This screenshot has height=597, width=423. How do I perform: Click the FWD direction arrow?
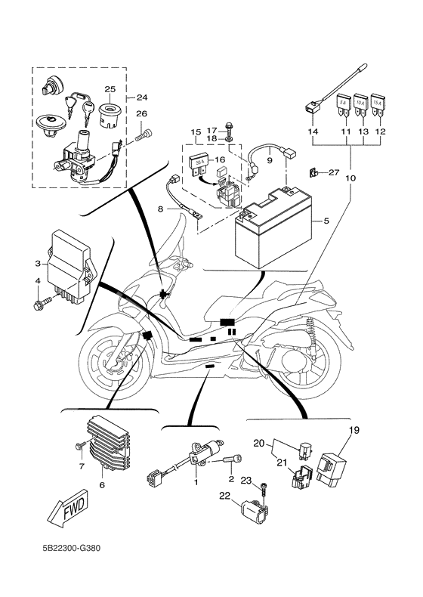point(68,509)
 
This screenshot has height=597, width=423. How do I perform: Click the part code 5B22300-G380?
point(72,549)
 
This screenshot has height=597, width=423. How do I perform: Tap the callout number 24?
point(142,97)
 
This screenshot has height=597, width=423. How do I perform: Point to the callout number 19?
point(354,431)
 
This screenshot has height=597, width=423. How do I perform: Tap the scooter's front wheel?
point(114,365)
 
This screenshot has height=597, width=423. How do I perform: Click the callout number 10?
point(350,178)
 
